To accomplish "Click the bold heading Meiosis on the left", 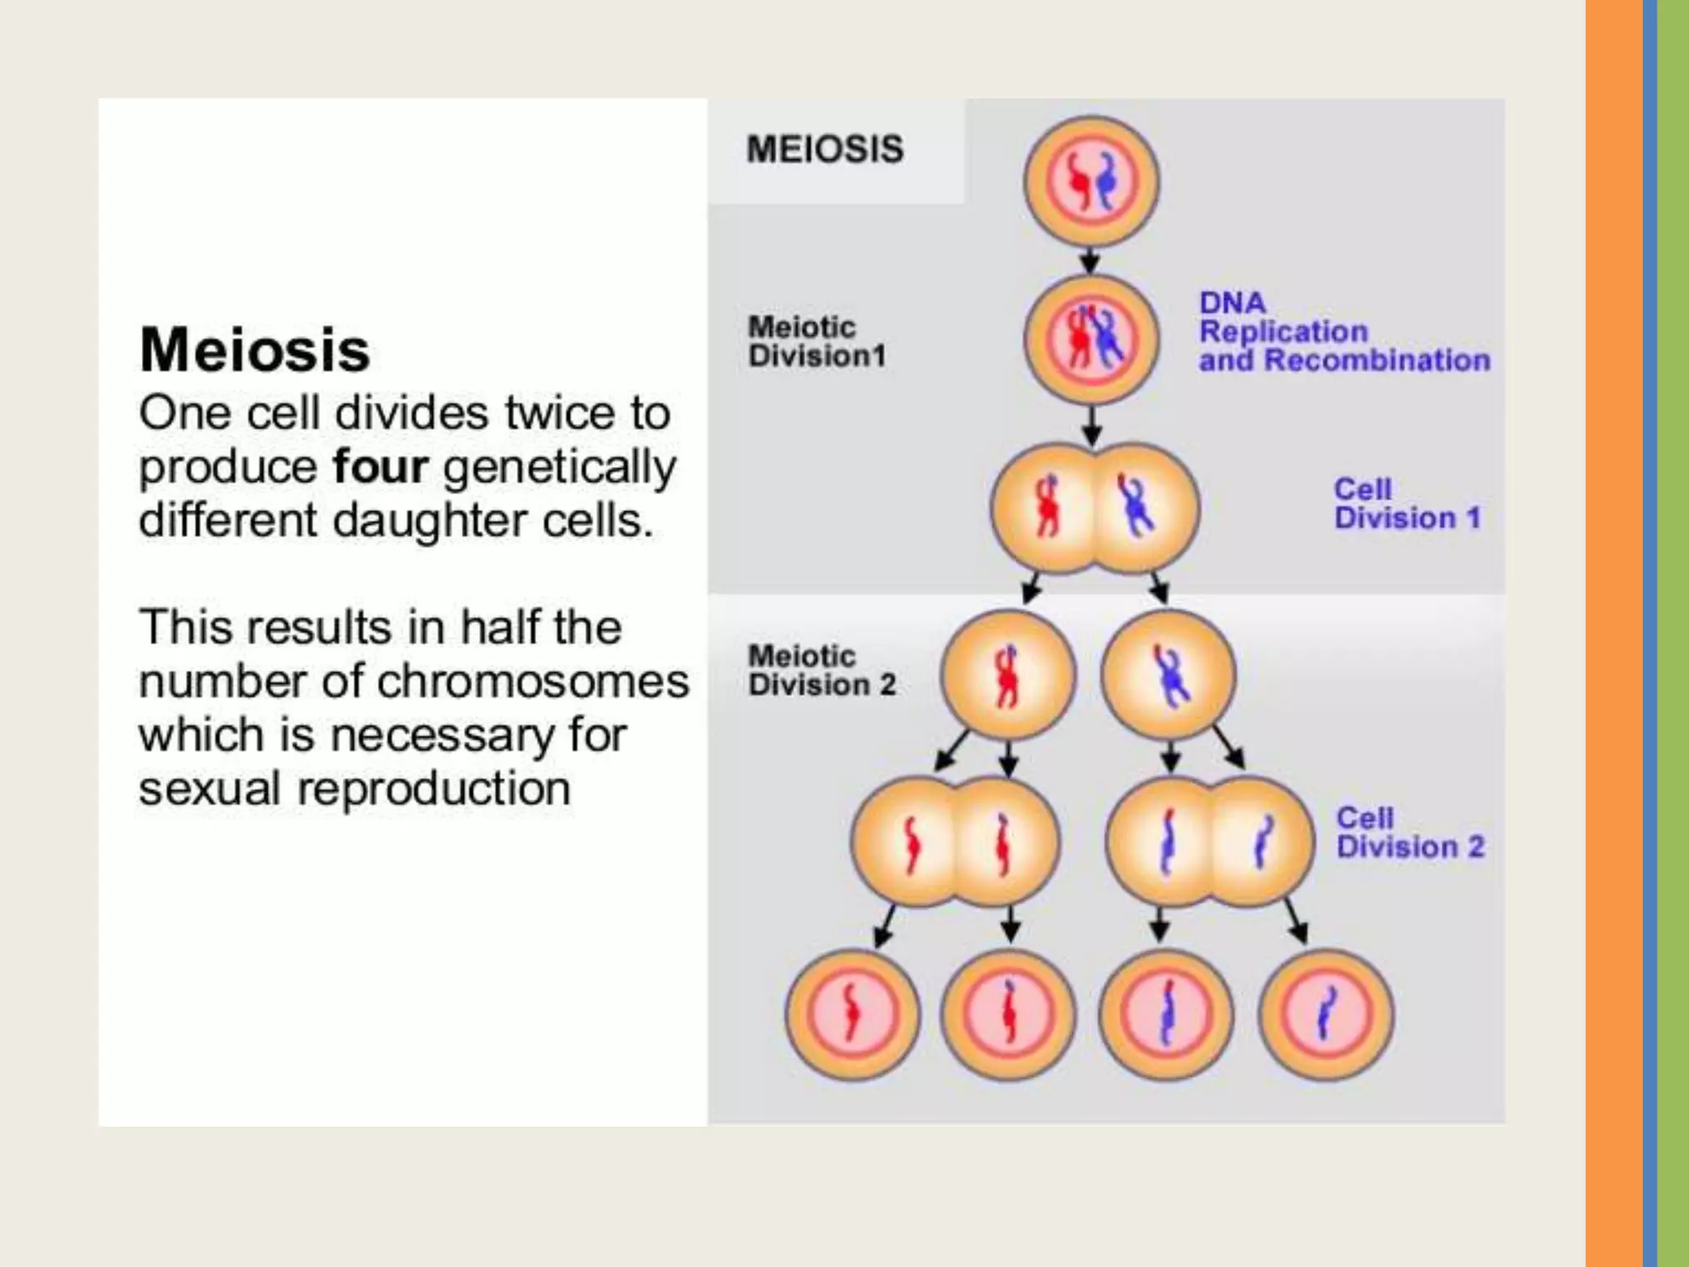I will pos(255,350).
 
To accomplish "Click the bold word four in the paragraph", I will pos(380,467).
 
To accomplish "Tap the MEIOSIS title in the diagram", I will pos(825,149).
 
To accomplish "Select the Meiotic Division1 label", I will pos(816,341).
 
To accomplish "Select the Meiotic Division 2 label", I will pos(821,671).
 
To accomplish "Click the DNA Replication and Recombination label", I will pos(1343,332).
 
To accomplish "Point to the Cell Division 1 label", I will pos(1407,504).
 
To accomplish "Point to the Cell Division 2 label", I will pos(1409,833).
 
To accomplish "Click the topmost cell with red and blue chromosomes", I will pos(1091,181).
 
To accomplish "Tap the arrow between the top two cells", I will pos(1090,261).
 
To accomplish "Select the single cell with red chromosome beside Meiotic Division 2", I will pos(1008,676).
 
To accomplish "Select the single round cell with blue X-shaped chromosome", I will pos(1169,676).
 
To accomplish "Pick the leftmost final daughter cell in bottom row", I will pos(852,1015).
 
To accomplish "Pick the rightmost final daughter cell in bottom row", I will pos(1325,1015).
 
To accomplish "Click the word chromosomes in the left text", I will pos(533,681).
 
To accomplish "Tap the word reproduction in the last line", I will pos(434,789).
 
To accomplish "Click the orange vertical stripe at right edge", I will pos(1613,633).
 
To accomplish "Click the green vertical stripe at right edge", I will pos(1673,633).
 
